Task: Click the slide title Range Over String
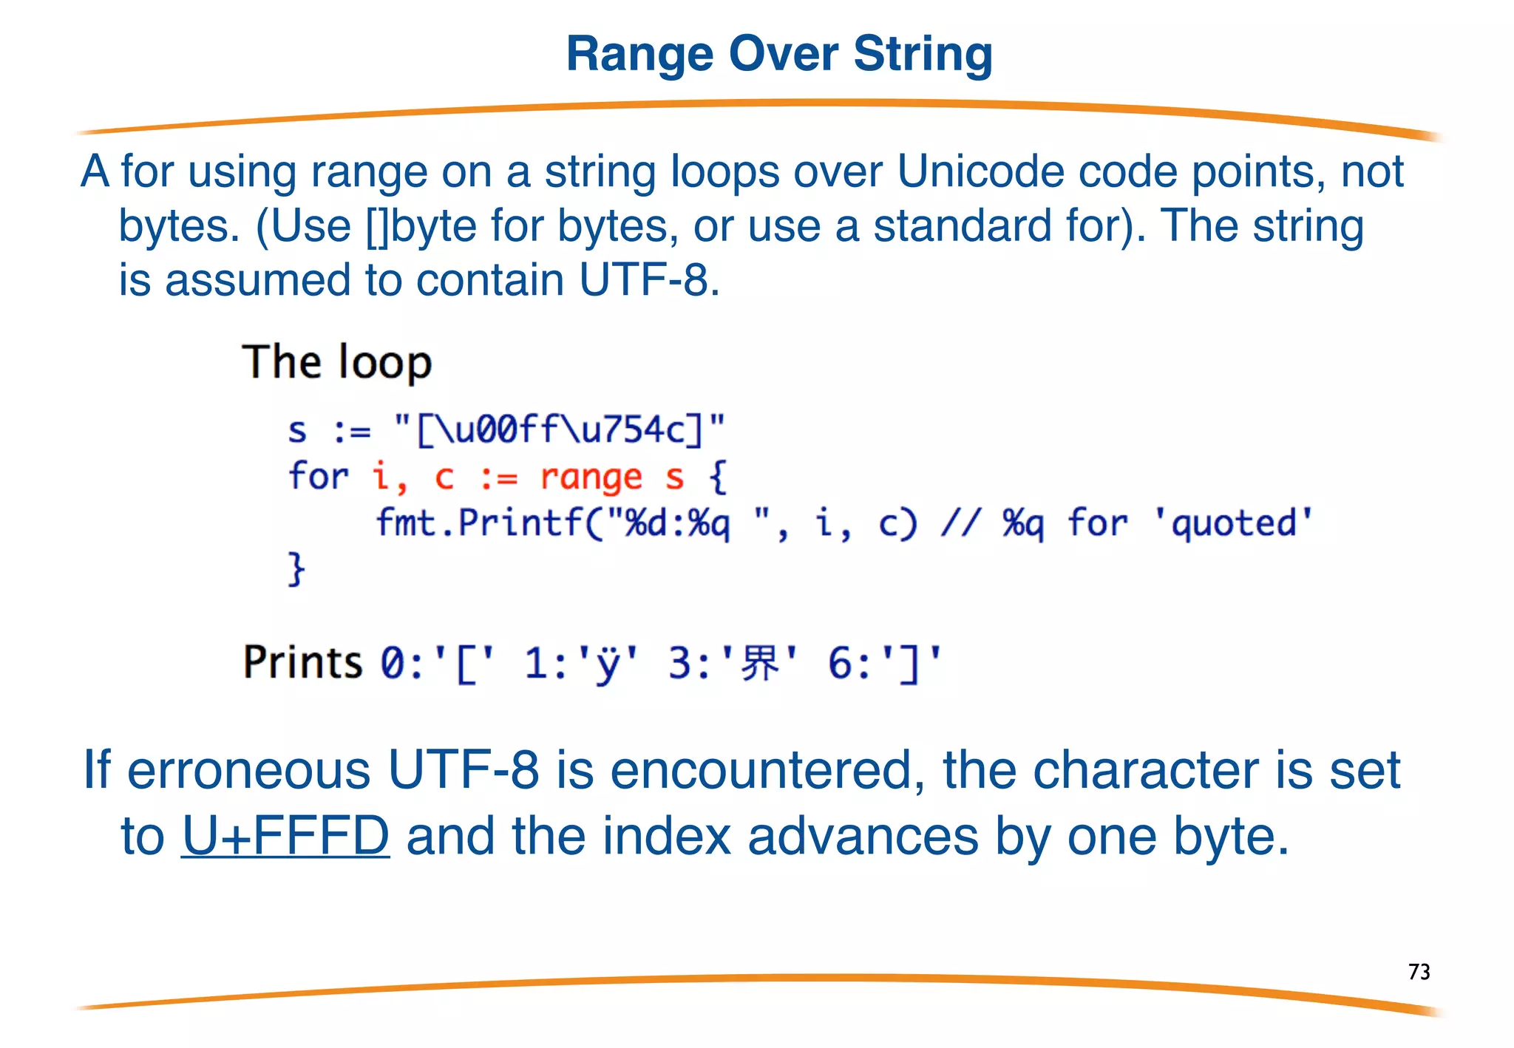click(779, 55)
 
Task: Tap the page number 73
click(1419, 971)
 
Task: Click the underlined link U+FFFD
click(285, 836)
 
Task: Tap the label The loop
click(337, 362)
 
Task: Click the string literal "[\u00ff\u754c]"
click(560, 429)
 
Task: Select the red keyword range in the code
click(591, 477)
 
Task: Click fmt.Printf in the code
click(479, 523)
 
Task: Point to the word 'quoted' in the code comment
click(1233, 523)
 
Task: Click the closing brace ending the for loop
click(296, 569)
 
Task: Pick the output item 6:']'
click(885, 662)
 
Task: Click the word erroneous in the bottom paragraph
click(249, 770)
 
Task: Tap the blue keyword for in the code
click(318, 477)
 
